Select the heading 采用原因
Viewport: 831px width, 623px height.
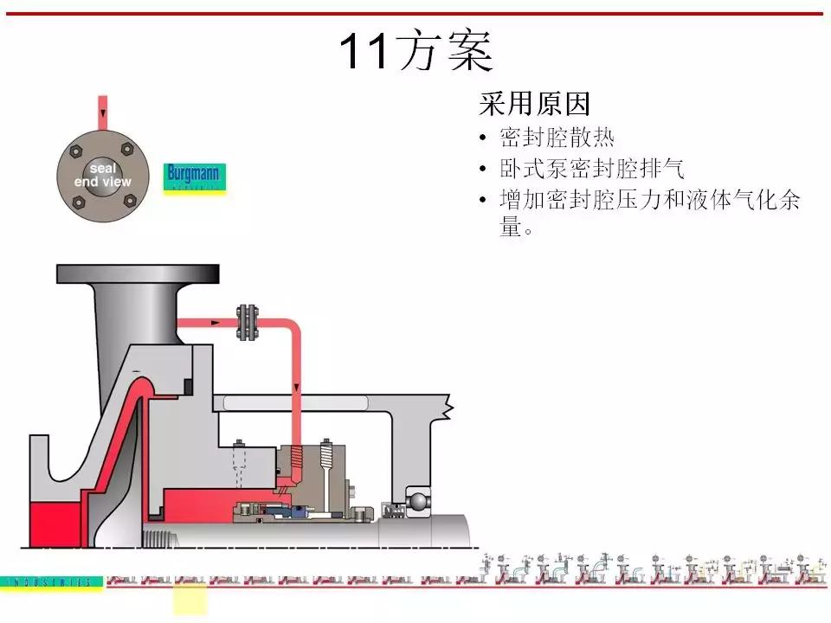point(534,105)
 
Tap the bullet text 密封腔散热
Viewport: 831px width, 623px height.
point(557,138)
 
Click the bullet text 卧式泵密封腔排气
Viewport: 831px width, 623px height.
point(591,168)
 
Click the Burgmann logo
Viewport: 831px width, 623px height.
point(194,177)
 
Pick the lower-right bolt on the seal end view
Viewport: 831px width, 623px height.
point(130,201)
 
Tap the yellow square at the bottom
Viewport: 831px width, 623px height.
point(190,599)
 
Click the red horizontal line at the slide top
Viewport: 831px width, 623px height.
point(415,14)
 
